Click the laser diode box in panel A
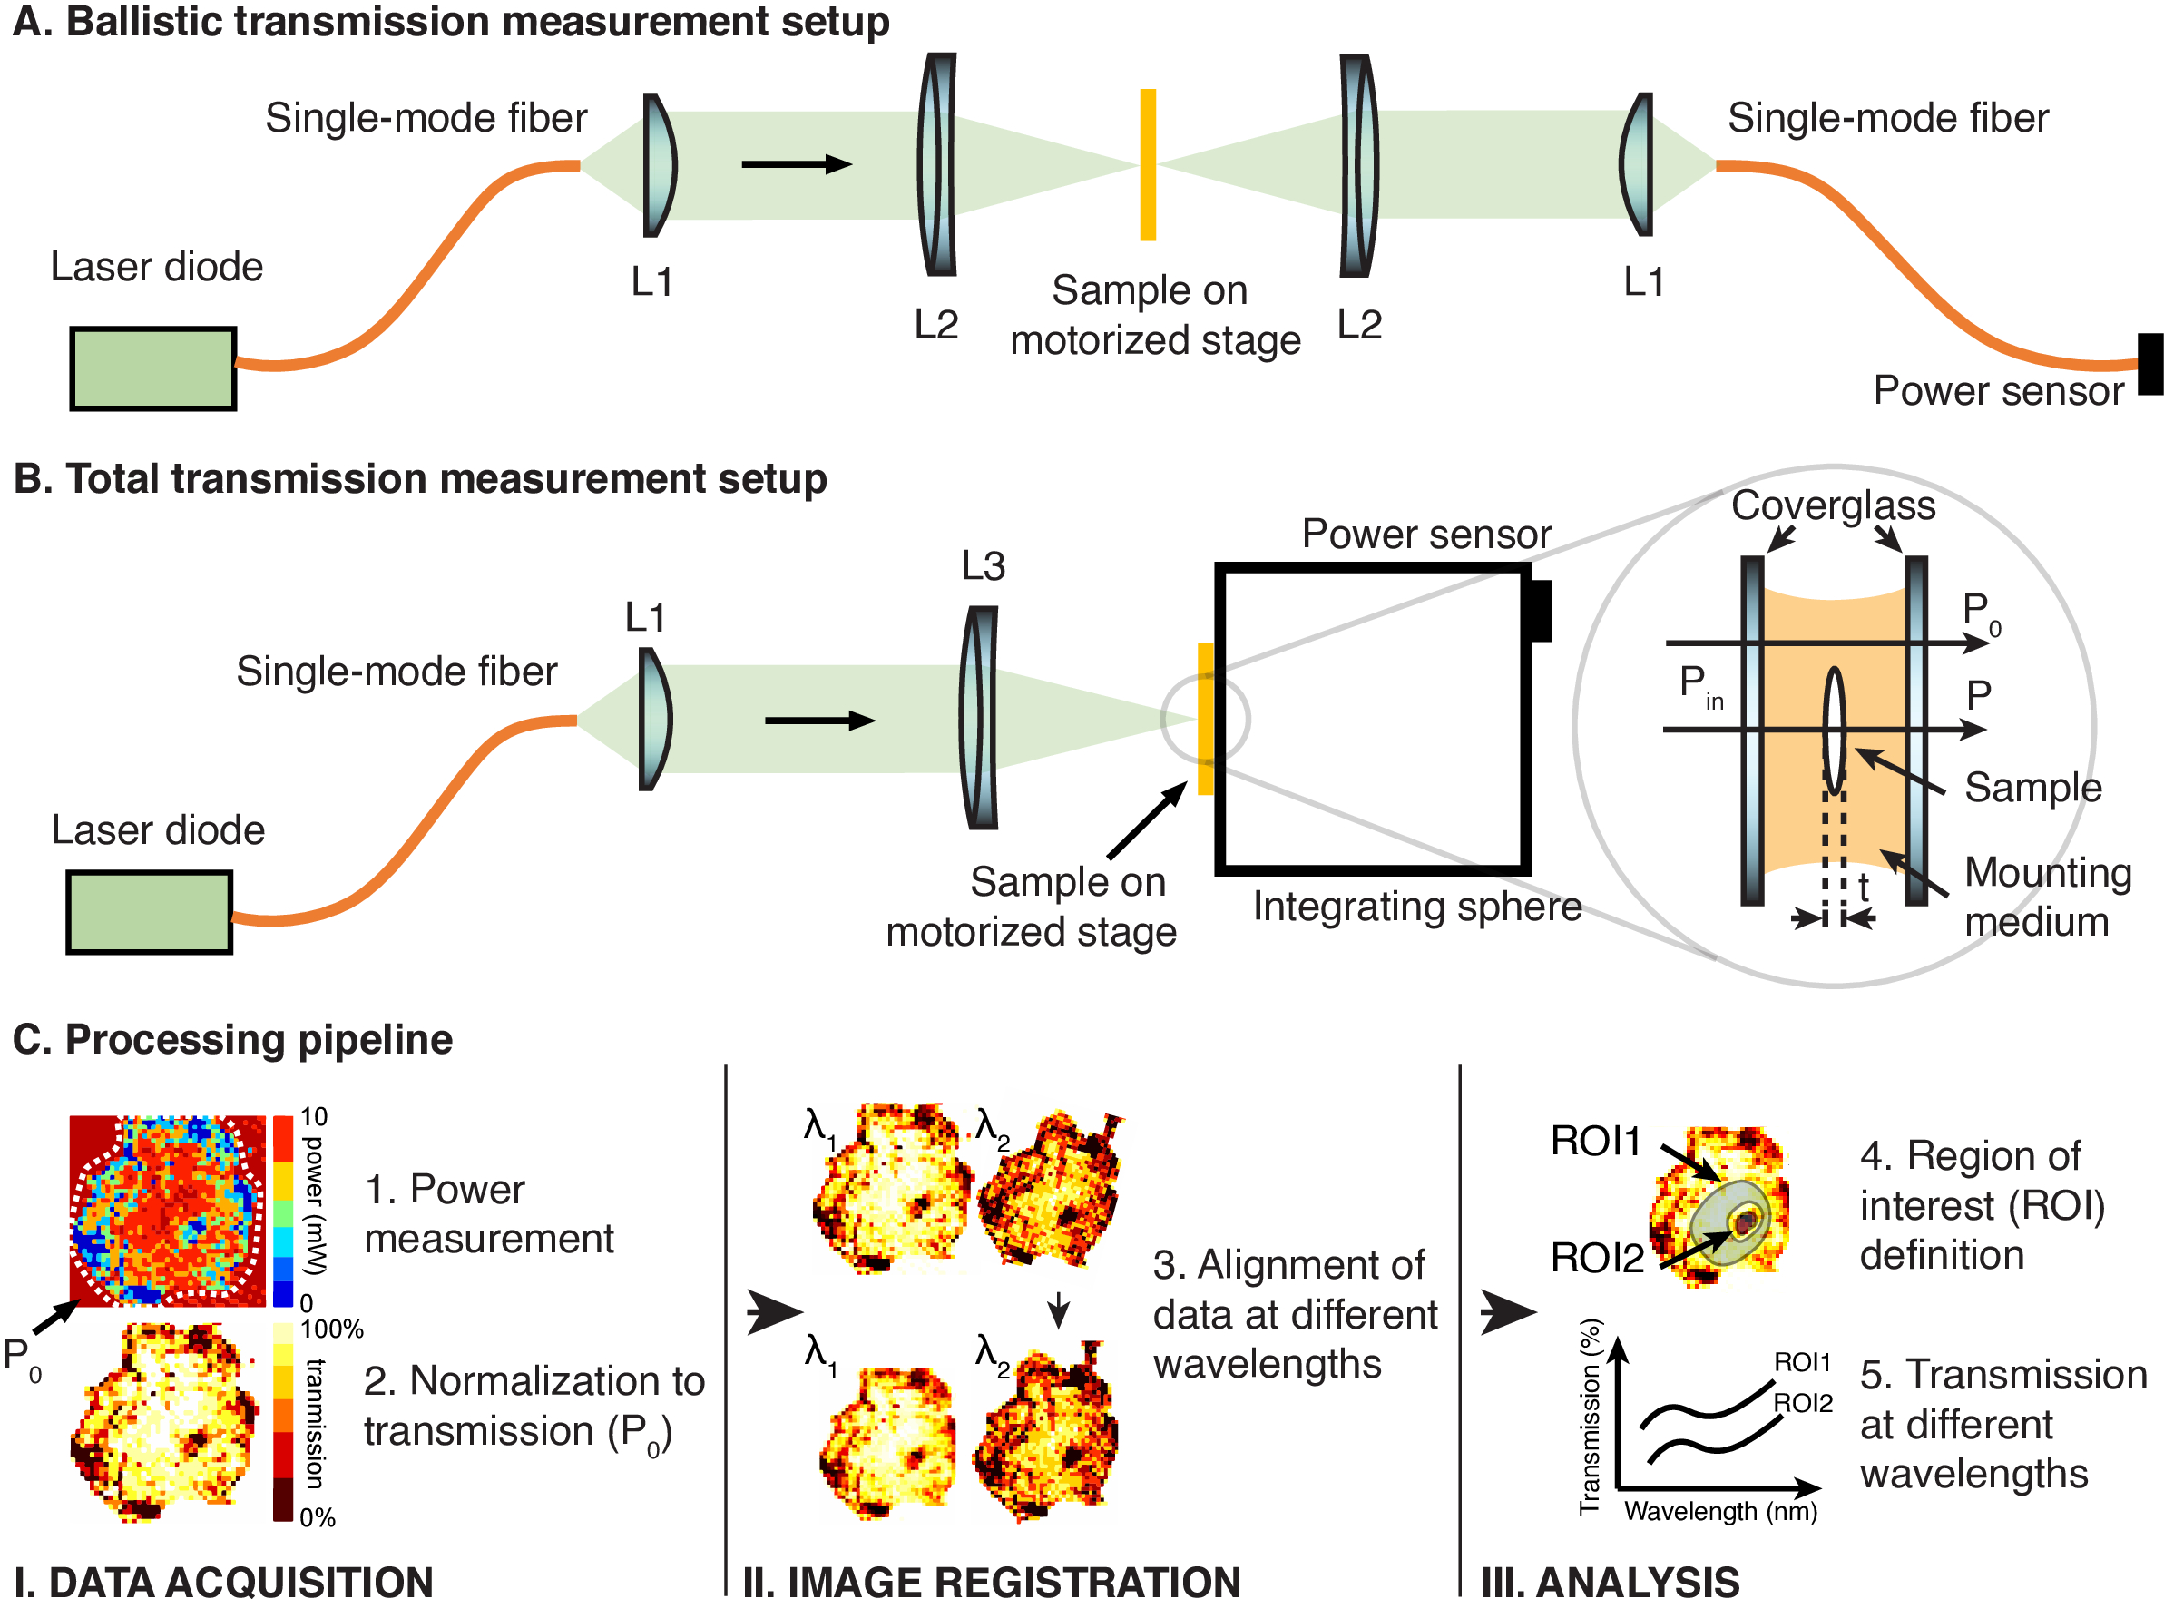coord(153,368)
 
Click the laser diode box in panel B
coord(149,912)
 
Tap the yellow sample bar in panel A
coord(1147,164)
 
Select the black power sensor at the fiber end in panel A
coord(2149,364)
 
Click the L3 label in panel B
coord(983,566)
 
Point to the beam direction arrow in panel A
coord(796,164)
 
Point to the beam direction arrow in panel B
coord(818,721)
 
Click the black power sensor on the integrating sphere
coord(1539,610)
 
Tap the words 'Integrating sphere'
coord(1417,907)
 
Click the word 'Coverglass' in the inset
coord(1832,505)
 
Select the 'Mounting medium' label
coord(2047,897)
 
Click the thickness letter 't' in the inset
coord(1863,887)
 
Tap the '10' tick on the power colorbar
coord(314,1117)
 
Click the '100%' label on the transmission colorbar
coord(332,1329)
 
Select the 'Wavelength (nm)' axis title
coord(1719,1511)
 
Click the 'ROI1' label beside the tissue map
coord(1595,1142)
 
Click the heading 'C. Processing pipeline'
coord(232,1040)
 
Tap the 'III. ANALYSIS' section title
coord(1611,1581)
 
